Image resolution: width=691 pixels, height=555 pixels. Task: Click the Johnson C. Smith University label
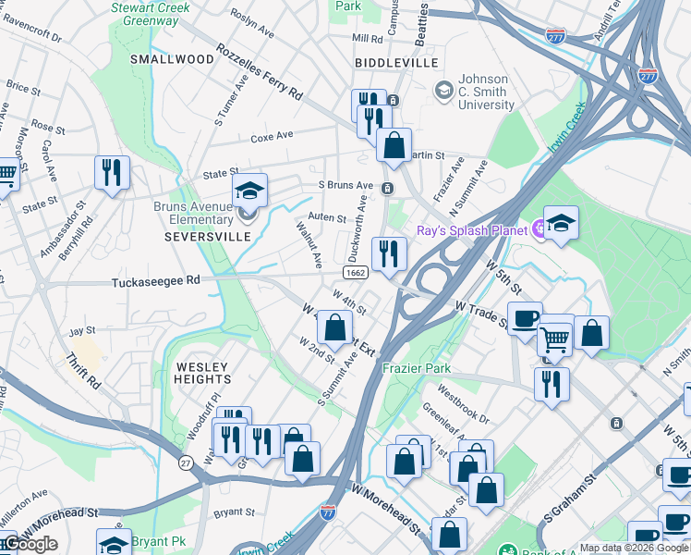pyautogui.click(x=486, y=92)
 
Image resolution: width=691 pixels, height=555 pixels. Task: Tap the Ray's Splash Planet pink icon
pyautogui.click(x=535, y=229)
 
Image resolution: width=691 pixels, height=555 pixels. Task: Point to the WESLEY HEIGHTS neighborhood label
pyautogui.click(x=203, y=373)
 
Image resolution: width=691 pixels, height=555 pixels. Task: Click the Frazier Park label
pyautogui.click(x=417, y=368)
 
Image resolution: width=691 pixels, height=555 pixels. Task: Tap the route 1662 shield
pyautogui.click(x=356, y=273)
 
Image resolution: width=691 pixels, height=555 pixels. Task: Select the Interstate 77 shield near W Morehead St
pyautogui.click(x=328, y=510)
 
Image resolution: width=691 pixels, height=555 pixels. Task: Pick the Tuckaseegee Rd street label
pyautogui.click(x=156, y=282)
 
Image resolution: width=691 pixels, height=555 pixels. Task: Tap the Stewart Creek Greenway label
pyautogui.click(x=151, y=12)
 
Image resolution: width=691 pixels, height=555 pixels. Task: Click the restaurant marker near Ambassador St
pyautogui.click(x=112, y=171)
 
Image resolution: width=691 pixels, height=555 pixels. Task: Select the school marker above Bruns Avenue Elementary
pyautogui.click(x=249, y=190)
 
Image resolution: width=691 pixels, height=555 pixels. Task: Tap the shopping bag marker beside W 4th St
pyautogui.click(x=335, y=327)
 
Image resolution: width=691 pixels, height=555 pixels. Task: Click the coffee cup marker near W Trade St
pyautogui.click(x=525, y=317)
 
